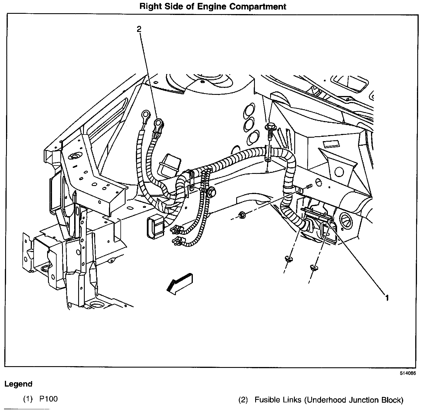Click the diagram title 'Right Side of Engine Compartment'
(x=213, y=6)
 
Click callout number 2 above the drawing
(x=139, y=29)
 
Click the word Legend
(x=18, y=384)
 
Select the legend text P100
(x=48, y=399)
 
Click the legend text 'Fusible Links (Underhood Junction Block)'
(x=329, y=400)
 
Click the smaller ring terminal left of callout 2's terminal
(x=143, y=116)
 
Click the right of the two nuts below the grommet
(x=314, y=268)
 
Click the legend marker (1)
(x=28, y=399)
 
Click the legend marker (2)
(x=243, y=400)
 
